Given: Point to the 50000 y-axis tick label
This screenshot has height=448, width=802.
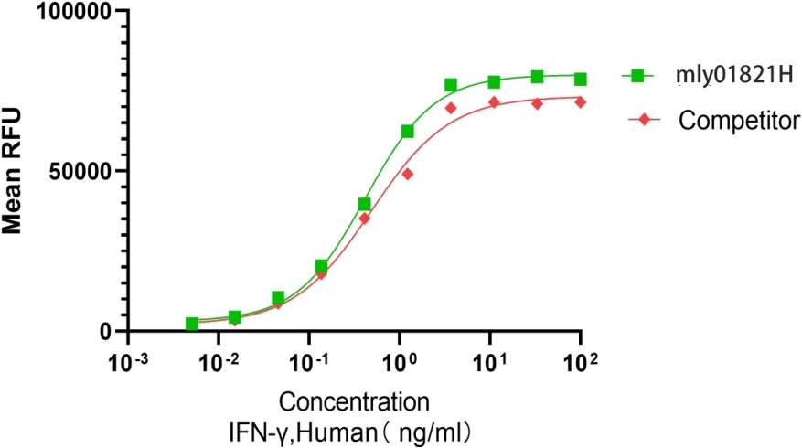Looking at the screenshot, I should pos(80,171).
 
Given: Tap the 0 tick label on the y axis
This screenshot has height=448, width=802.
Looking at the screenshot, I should pos(106,331).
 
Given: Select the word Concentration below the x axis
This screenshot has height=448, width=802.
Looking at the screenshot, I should pos(354,401).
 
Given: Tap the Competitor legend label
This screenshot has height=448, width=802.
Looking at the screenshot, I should pos(740,119).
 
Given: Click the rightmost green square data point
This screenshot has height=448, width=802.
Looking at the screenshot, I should pos(580,79).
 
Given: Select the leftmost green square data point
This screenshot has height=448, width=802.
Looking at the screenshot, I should pos(192,324).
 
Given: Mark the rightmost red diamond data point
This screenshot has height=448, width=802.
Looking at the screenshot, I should pos(580,101).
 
